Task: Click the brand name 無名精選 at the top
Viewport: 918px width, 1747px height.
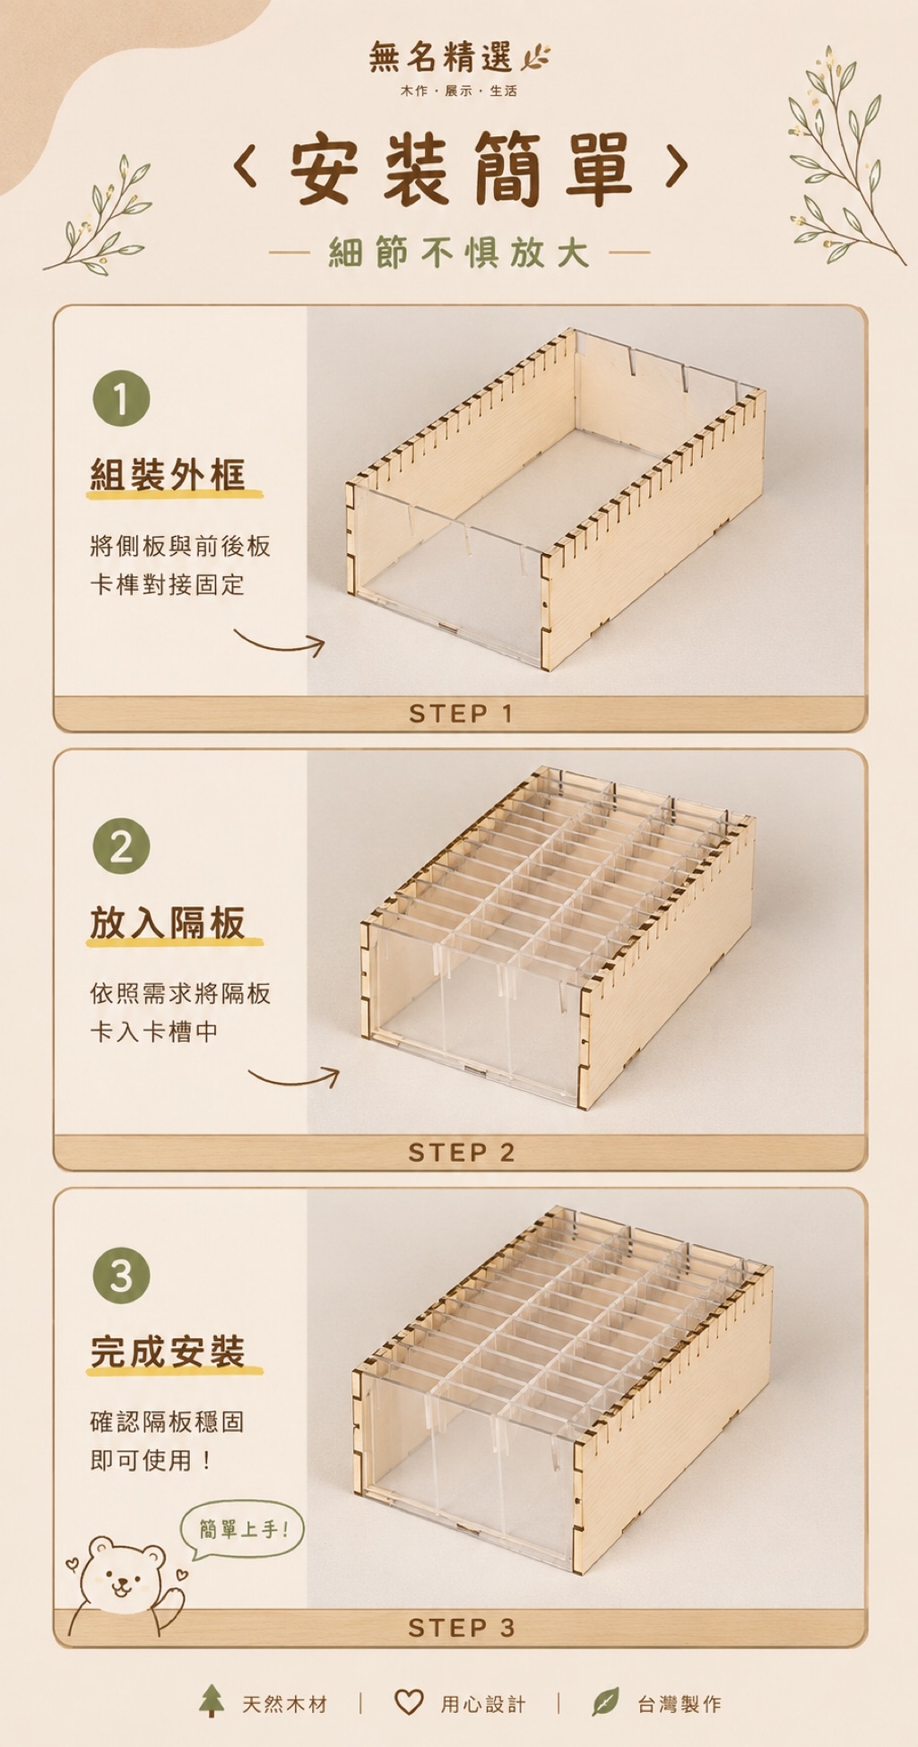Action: [x=440, y=57]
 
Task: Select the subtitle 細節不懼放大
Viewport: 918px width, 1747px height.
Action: [x=459, y=253]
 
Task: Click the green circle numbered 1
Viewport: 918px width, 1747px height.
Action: [x=121, y=398]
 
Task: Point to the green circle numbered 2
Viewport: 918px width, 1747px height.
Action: [x=121, y=846]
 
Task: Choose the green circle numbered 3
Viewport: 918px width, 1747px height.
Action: [x=121, y=1276]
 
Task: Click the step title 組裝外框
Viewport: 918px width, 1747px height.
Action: [x=168, y=474]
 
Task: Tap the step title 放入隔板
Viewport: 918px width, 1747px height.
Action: [x=168, y=922]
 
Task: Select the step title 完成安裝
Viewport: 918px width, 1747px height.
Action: [x=168, y=1352]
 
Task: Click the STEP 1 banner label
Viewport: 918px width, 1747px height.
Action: [x=461, y=714]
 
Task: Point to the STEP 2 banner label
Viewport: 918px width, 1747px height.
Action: [x=461, y=1153]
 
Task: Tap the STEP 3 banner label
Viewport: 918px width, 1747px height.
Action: [x=461, y=1628]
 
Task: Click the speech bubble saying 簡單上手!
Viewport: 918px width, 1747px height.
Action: [x=243, y=1529]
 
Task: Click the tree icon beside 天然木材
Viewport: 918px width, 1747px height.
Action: [x=212, y=1700]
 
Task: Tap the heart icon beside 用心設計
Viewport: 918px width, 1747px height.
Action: [x=409, y=1702]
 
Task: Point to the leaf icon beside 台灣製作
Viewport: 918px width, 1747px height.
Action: [x=606, y=1701]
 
